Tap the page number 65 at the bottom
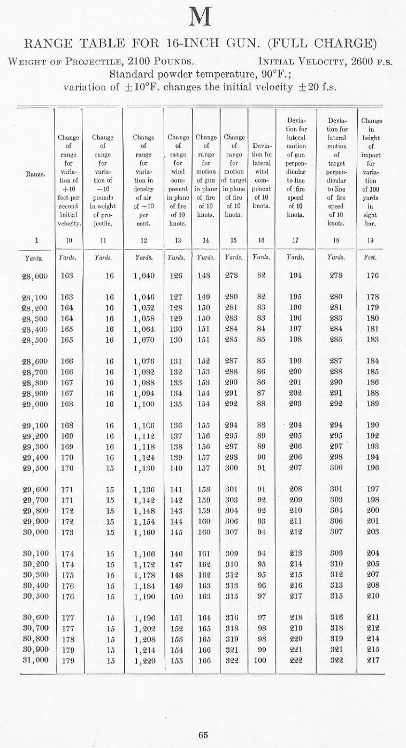coord(203,735)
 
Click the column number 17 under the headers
coord(296,240)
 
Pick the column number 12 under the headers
coord(143,240)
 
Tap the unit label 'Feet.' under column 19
coord(371,258)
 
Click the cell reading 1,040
coord(143,276)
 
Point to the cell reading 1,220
coord(143,660)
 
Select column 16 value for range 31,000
coord(261,660)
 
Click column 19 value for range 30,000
coord(372,532)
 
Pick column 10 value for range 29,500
coord(68,468)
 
